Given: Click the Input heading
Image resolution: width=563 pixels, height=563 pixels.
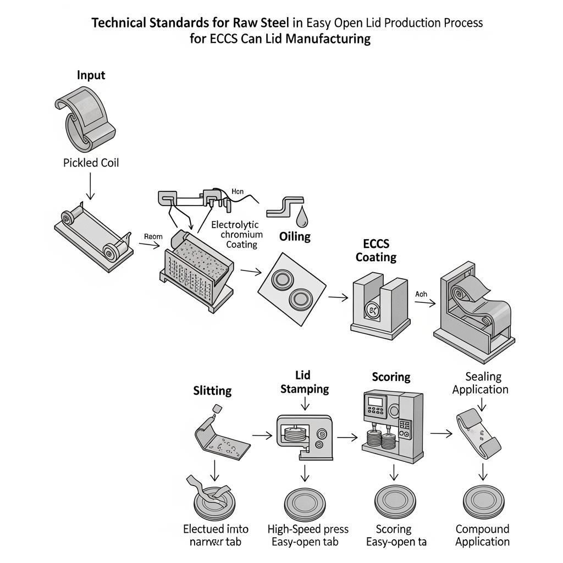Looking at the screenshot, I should pos(91,75).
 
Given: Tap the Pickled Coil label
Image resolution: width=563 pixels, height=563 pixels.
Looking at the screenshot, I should pos(91,163).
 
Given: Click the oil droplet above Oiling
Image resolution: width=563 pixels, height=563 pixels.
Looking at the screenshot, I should pos(301,218).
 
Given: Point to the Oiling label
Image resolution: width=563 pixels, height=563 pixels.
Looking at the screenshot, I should pos(295,236).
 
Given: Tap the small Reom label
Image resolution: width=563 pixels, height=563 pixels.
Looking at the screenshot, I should pos(153,236).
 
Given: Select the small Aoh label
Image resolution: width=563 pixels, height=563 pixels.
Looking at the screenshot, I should pos(421,294).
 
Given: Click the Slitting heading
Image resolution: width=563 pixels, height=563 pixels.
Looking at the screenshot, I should pos(212,391).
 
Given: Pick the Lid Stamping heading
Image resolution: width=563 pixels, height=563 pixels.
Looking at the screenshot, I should pos(304,382).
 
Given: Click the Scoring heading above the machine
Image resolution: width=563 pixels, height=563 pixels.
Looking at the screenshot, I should pos(391,377).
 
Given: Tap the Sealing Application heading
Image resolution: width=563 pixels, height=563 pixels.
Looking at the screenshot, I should pos(480,383).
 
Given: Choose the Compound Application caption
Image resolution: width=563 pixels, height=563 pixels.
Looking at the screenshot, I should pos(482,535).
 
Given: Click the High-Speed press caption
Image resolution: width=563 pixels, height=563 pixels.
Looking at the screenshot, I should pos(308,529).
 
